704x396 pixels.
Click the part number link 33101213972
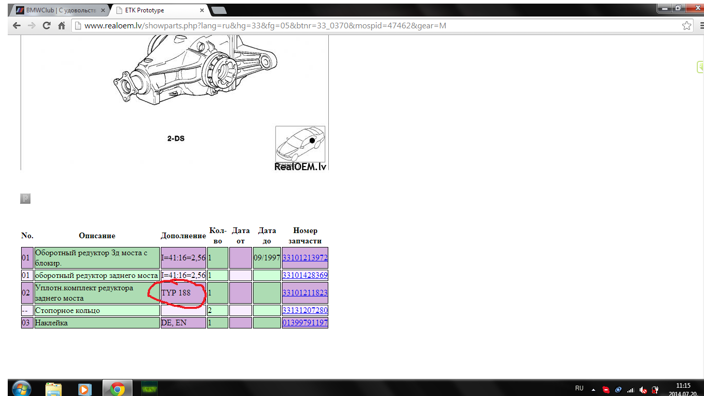(305, 258)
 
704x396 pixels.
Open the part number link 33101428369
(305, 275)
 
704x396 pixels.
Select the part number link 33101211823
(305, 292)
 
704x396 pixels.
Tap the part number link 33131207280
(305, 310)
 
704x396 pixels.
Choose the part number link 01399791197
(305, 322)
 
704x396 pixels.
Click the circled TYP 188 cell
(183, 292)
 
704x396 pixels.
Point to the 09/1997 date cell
(267, 258)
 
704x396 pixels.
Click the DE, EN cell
(183, 323)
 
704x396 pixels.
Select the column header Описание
(97, 236)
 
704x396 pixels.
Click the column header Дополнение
(183, 236)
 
